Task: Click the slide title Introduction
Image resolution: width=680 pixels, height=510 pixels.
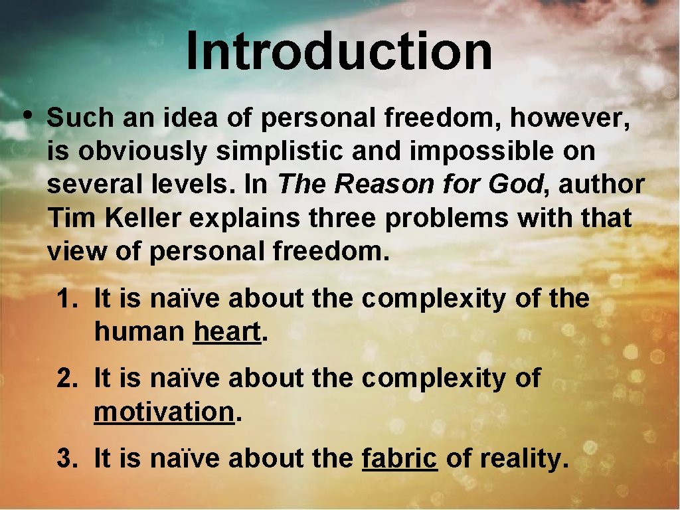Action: click(x=339, y=52)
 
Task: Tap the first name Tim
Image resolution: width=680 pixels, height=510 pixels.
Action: click(x=64, y=218)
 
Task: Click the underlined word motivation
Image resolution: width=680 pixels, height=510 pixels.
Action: click(x=164, y=412)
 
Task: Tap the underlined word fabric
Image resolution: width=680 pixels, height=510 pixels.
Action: click(x=400, y=458)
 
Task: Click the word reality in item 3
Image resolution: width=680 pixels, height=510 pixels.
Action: click(x=522, y=458)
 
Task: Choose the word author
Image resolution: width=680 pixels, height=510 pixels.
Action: click(x=602, y=185)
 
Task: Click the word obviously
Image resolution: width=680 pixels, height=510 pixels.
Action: click(x=143, y=151)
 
